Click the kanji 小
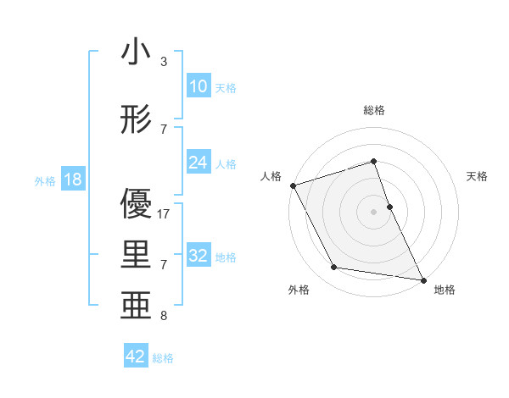pyautogui.click(x=136, y=53)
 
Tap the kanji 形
pyautogui.click(x=136, y=120)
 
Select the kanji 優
pyautogui.click(x=136, y=207)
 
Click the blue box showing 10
pyautogui.click(x=199, y=86)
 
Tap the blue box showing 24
pyautogui.click(x=199, y=163)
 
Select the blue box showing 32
pyautogui.click(x=199, y=257)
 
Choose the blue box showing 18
pyautogui.click(x=72, y=180)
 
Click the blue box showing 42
pyautogui.click(x=136, y=357)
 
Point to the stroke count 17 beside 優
pyautogui.click(x=164, y=214)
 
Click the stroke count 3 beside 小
pyautogui.click(x=164, y=62)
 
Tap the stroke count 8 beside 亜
pyautogui.click(x=164, y=316)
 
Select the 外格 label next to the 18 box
pyautogui.click(x=44, y=181)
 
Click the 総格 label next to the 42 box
pyautogui.click(x=163, y=358)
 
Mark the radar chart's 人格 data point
pyautogui.click(x=293, y=185)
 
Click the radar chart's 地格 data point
pyautogui.click(x=422, y=279)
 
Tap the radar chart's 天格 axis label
pyautogui.click(x=477, y=176)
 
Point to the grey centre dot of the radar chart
pyautogui.click(x=373, y=211)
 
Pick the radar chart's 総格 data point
pyautogui.click(x=373, y=161)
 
